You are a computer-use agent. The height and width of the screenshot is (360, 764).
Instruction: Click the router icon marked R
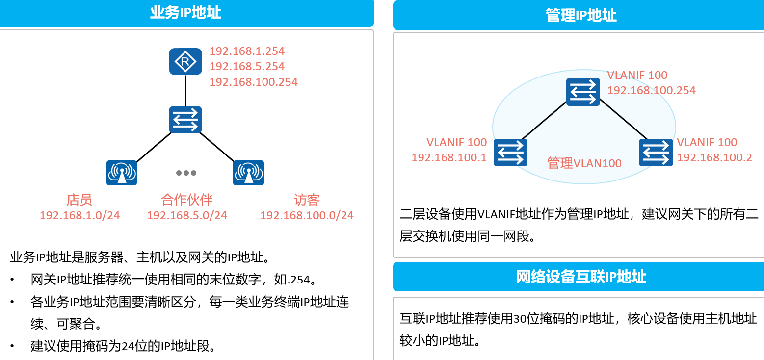click(185, 61)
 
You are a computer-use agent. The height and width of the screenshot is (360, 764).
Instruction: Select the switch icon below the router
click(185, 120)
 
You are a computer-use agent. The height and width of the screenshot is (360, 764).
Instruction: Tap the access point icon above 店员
click(121, 173)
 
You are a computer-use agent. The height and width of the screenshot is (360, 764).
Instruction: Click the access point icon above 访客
click(248, 173)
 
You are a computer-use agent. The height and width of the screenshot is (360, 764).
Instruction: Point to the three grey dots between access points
click(186, 173)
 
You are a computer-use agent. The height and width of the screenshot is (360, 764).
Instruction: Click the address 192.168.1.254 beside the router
click(247, 51)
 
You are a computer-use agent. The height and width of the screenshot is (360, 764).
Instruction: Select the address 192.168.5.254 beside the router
click(247, 66)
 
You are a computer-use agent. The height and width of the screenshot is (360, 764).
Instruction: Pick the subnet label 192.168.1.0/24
click(80, 215)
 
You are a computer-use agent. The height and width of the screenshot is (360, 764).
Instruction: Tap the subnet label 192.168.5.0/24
click(187, 215)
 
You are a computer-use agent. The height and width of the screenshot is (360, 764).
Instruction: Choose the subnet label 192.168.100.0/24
click(307, 215)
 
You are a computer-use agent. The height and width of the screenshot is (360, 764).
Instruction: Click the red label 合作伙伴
click(187, 200)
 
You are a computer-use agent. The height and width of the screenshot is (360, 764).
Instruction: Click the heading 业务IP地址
click(185, 13)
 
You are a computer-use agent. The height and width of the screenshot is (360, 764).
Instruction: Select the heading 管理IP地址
click(581, 15)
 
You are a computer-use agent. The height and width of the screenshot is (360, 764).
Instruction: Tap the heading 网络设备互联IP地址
click(581, 277)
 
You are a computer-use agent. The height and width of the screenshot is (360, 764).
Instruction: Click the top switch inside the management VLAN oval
click(583, 92)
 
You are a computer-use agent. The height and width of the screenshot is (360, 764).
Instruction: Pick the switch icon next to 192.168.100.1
click(510, 153)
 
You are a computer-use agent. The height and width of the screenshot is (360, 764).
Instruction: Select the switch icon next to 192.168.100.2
click(656, 153)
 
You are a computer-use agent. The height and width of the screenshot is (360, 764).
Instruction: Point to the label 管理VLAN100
click(584, 163)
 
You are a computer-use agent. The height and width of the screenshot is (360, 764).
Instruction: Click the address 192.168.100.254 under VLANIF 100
click(652, 90)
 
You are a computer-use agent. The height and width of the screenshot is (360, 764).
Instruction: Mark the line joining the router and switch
click(185, 91)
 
